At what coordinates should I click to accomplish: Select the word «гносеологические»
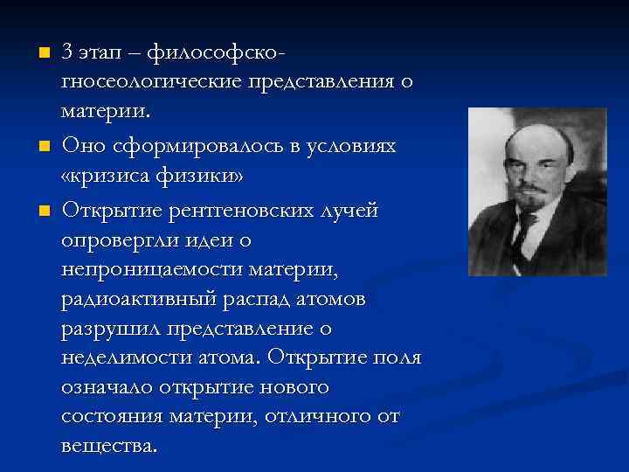pyautogui.click(x=152, y=84)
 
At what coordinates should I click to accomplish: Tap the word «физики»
pyautogui.click(x=209, y=176)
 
